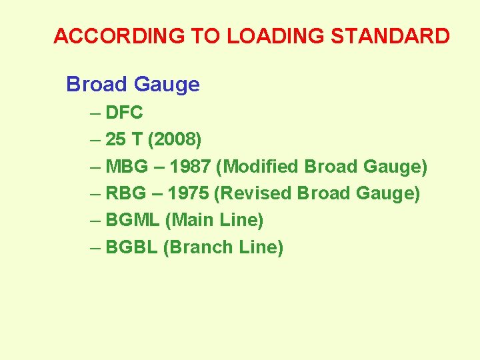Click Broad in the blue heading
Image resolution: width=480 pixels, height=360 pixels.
point(97,85)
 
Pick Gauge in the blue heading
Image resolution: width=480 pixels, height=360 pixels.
point(166,85)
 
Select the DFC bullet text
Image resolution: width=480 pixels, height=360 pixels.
point(124,113)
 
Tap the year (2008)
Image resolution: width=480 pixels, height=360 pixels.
point(175,140)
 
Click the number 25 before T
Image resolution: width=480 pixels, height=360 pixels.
point(116,140)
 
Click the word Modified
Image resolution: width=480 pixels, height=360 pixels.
point(259,167)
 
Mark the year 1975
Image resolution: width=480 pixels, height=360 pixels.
point(188,194)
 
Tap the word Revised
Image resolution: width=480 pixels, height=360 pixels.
point(255,194)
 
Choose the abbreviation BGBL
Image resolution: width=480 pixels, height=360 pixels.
point(131,247)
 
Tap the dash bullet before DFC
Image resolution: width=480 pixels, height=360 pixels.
point(95,113)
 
